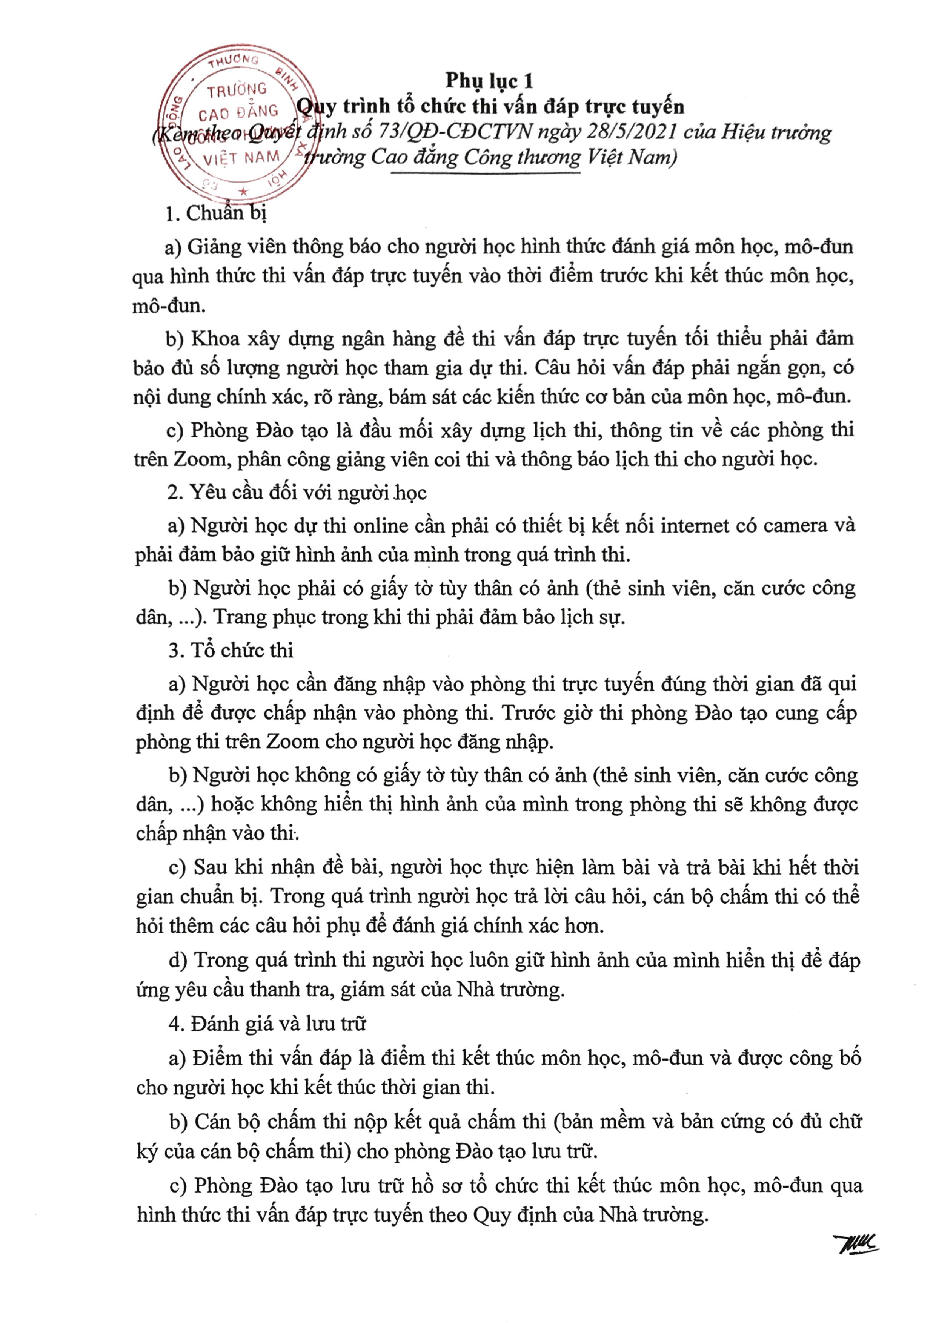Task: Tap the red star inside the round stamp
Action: (244, 191)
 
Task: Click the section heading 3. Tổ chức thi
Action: (231, 651)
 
